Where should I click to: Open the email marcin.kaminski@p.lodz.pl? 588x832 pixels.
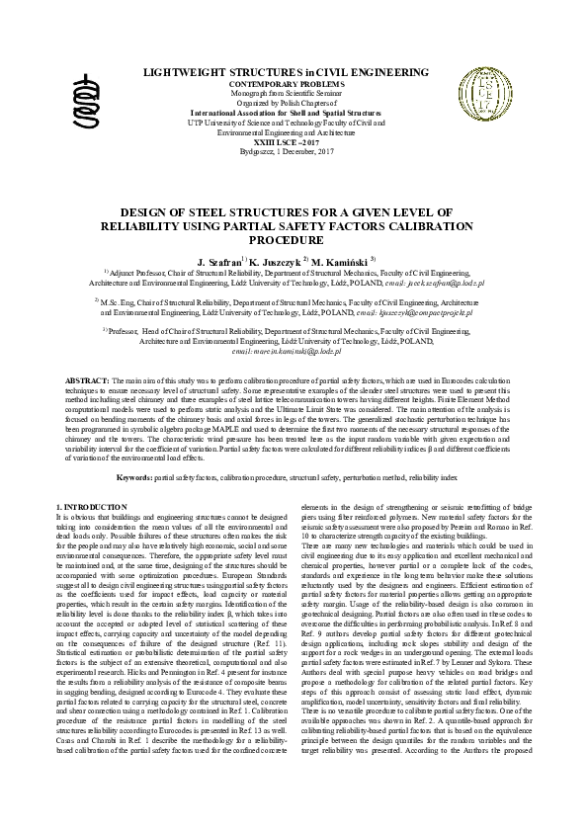point(286,351)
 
